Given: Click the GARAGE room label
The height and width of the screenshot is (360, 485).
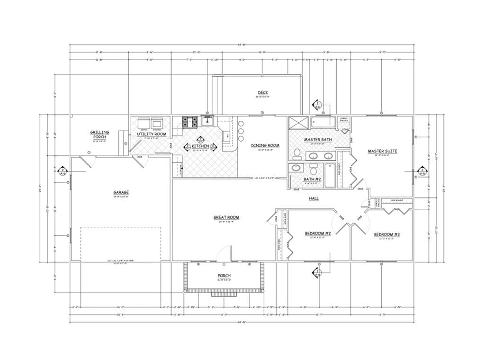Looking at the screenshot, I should coord(121,192).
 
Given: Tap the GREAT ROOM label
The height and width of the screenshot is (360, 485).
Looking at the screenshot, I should coord(226,218).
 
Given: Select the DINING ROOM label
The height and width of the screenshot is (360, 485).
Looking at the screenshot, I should coord(265,145).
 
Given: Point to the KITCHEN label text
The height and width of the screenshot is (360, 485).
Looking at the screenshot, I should coord(200,146).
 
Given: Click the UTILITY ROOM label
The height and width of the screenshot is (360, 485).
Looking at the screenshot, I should coord(151,135).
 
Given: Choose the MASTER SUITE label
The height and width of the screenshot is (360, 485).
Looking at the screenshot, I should coord(382,152).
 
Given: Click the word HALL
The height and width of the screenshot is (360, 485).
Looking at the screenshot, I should coord(314,198).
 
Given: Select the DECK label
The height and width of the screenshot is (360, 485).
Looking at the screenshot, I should coord(263,92).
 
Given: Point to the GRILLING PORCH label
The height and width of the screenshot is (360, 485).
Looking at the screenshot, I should coord(99,135).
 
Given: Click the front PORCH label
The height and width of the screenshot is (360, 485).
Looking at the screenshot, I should coord(224,276).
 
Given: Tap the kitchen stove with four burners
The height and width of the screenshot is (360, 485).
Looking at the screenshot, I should coord(190,123).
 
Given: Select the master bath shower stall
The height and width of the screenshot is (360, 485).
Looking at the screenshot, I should coord(298,122).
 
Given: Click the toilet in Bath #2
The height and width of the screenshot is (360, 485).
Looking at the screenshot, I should coord(313,170).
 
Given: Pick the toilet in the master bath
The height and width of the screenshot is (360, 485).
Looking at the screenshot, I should coord(297,153).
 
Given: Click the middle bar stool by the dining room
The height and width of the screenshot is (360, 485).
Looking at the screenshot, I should coord(241,131).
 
